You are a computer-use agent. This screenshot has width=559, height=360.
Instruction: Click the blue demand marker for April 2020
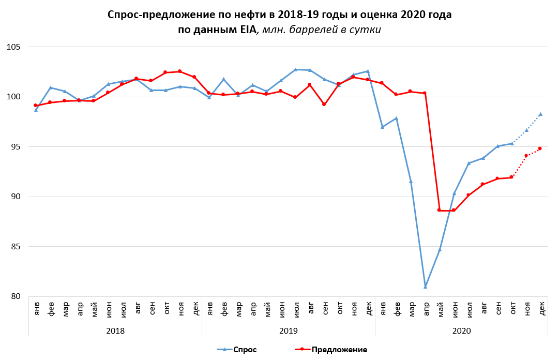pyautogui.click(x=425, y=286)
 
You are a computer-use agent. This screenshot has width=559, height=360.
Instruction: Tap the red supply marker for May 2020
pyautogui.click(x=440, y=210)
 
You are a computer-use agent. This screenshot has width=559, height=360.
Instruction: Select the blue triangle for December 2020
pyautogui.click(x=540, y=114)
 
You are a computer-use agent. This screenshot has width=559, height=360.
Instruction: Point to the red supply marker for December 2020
pyautogui.click(x=540, y=148)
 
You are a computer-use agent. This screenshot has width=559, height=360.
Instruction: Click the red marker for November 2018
pyautogui.click(x=179, y=71)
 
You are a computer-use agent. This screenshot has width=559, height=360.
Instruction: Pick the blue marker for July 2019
pyautogui.click(x=295, y=69)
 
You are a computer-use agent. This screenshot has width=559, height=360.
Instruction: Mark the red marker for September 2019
pyautogui.click(x=324, y=104)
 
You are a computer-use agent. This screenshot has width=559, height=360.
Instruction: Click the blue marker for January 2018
pyautogui.click(x=36, y=110)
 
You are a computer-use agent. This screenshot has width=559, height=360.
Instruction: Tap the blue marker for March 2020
pyautogui.click(x=411, y=182)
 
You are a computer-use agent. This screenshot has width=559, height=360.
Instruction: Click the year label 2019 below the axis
pyautogui.click(x=288, y=329)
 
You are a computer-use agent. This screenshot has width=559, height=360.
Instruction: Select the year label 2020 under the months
pyautogui.click(x=461, y=329)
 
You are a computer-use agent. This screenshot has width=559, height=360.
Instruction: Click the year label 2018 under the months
pyautogui.click(x=115, y=329)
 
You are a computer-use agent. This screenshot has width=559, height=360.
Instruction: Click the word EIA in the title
pyautogui.click(x=246, y=30)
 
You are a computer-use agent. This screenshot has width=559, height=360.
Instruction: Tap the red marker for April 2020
pyautogui.click(x=425, y=93)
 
